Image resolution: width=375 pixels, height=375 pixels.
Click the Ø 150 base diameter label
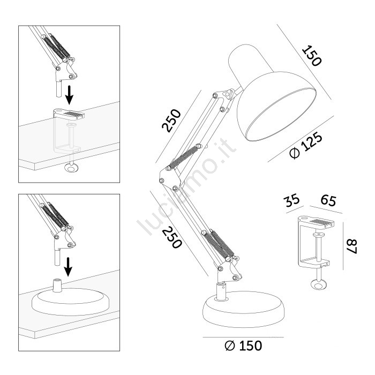(243, 346)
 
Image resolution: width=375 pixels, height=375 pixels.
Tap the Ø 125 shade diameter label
(306, 145)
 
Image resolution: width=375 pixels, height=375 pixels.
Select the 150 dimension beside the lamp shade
(312, 56)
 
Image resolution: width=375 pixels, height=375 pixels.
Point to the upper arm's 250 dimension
(171, 121)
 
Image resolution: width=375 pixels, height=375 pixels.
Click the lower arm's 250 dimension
(172, 237)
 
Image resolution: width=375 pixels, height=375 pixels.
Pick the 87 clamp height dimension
(352, 246)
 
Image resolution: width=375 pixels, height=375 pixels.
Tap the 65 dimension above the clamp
(328, 200)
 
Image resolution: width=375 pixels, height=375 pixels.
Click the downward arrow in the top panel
(69, 95)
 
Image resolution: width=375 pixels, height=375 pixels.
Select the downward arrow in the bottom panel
(69, 267)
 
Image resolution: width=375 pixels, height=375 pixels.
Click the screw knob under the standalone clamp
(319, 284)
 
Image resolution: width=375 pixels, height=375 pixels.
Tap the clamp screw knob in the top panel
(71, 168)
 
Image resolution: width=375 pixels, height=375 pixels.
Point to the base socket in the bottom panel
(57, 286)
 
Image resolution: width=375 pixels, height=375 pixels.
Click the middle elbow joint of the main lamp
(169, 179)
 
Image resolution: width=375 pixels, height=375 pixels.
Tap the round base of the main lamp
(244, 309)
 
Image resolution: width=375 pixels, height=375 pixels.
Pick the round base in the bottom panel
(70, 302)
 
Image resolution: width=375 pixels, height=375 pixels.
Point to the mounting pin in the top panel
(58, 89)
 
